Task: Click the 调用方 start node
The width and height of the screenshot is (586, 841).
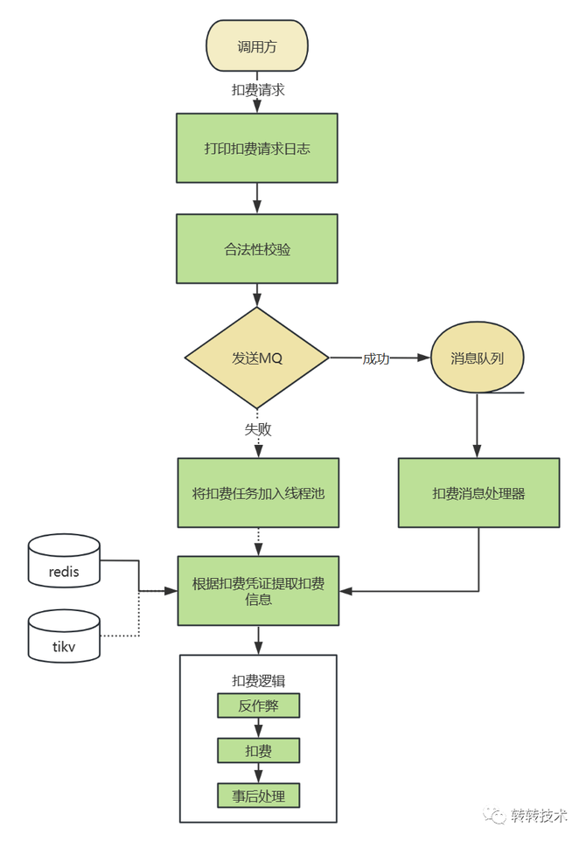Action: [x=257, y=47]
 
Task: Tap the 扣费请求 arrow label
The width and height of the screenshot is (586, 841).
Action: [x=258, y=89]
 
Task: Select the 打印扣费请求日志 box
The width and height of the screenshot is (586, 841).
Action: [x=257, y=148]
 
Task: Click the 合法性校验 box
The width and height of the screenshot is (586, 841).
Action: [x=257, y=249]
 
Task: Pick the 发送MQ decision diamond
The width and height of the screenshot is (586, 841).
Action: [x=257, y=358]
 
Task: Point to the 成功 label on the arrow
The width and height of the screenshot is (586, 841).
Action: [x=376, y=358]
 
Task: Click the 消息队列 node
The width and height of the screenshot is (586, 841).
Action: [x=476, y=358]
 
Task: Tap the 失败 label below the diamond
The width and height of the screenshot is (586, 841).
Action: [x=258, y=429]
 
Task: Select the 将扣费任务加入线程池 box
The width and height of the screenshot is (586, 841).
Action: [x=257, y=493]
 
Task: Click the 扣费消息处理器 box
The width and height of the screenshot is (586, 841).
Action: [x=478, y=493]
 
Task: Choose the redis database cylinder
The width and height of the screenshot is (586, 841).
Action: [x=64, y=561]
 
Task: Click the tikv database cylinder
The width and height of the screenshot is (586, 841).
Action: [x=64, y=636]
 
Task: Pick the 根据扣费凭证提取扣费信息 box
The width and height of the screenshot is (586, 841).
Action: [x=257, y=590]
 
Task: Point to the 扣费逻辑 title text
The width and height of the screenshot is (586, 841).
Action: [x=258, y=681]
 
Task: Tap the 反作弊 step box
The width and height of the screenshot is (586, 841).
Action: [x=258, y=705]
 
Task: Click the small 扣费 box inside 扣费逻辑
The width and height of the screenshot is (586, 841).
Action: [x=258, y=750]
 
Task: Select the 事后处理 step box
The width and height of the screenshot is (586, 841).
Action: [x=258, y=795]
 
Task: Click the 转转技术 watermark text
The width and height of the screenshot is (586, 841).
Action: [x=540, y=816]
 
